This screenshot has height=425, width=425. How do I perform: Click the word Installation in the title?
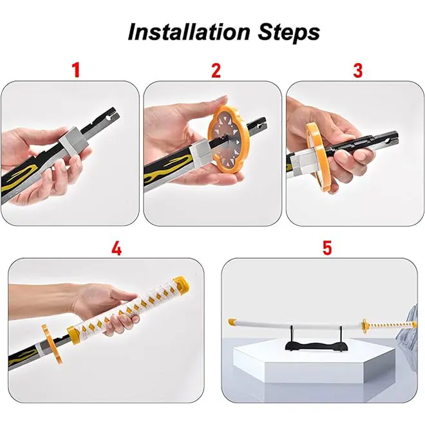[x=189, y=32]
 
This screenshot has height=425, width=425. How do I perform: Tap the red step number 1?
[x=77, y=70]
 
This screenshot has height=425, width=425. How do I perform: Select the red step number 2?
[x=216, y=70]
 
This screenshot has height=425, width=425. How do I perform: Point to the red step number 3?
[x=358, y=70]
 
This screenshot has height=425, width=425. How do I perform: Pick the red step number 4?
[x=117, y=248]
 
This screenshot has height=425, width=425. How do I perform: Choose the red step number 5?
[x=327, y=247]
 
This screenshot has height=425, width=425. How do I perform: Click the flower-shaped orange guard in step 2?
[x=228, y=135]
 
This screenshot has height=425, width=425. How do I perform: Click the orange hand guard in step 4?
[x=52, y=344]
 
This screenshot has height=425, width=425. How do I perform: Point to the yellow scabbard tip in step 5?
[x=232, y=322]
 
